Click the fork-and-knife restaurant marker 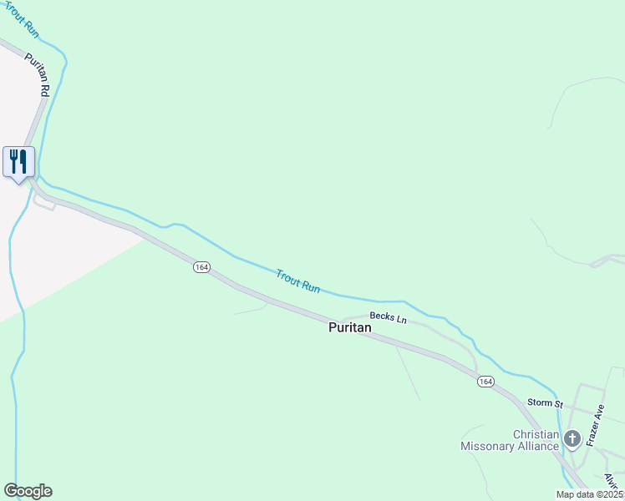18,161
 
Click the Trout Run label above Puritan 298,281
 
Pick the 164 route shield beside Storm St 485,382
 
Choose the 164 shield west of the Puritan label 201,267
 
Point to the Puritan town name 349,328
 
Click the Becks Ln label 388,319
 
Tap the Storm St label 545,403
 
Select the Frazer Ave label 595,426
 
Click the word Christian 536,434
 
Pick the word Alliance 542,446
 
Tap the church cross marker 572,438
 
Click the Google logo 28,491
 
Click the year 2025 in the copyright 612,494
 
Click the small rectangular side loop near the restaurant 43,203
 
